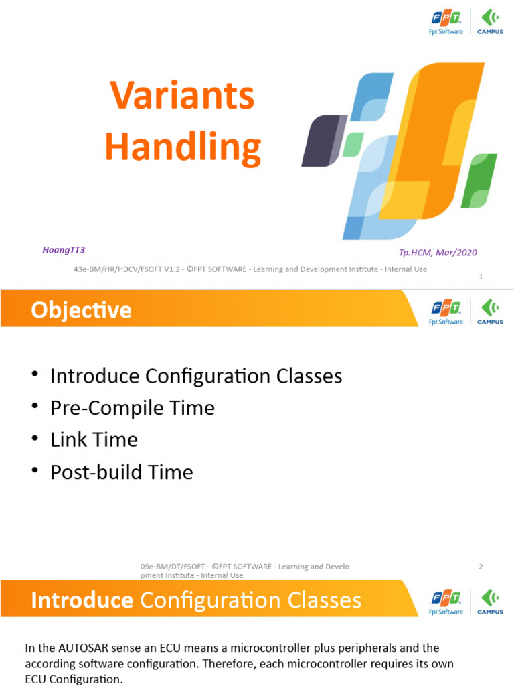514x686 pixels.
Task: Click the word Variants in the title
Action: pos(182,96)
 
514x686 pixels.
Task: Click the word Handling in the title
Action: pos(183,148)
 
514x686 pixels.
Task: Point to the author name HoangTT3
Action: pos(64,250)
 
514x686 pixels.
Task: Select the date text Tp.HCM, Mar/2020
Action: pos(438,253)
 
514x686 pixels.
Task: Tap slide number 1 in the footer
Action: pos(481,277)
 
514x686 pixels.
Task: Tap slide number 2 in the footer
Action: pos(481,567)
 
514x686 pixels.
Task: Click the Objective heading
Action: pos(81,310)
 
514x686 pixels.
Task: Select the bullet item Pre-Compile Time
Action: pos(133,408)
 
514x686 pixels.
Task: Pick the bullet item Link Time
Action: pos(94,440)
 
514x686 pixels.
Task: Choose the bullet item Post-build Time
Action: pos(121,472)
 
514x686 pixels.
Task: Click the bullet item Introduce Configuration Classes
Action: pos(196,376)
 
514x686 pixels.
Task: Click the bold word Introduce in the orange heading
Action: pos(82,600)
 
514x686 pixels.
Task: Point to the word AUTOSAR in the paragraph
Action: pos(85,648)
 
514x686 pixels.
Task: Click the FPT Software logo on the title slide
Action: pos(446,23)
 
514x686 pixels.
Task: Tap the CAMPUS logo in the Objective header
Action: pos(490,312)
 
